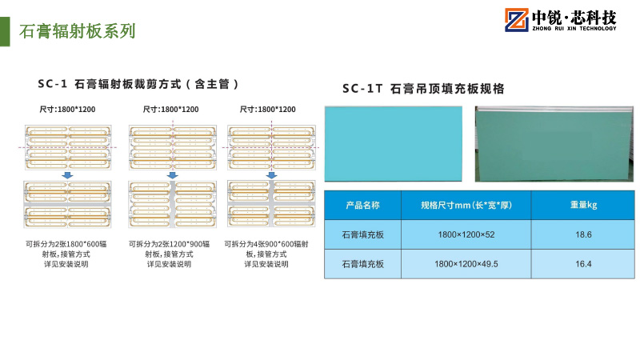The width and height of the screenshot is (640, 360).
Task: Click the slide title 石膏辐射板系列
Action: pyautogui.click(x=77, y=31)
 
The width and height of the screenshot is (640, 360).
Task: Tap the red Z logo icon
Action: pyautogui.click(x=514, y=21)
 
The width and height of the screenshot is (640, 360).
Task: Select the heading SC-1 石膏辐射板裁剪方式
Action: pyautogui.click(x=140, y=83)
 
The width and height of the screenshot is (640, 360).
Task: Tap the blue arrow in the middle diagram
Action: pyautogui.click(x=172, y=175)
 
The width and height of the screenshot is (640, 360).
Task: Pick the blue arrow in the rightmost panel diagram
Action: pyautogui.click(x=271, y=175)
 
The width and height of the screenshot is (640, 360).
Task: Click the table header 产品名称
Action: pyautogui.click(x=362, y=206)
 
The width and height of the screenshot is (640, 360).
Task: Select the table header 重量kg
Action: pyautogui.click(x=583, y=206)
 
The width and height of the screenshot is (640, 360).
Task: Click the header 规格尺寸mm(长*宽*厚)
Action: pyautogui.click(x=466, y=206)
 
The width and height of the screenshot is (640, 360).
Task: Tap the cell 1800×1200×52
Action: pyautogui.click(x=466, y=234)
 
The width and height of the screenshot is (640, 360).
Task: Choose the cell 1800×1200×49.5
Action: pyautogui.click(x=466, y=263)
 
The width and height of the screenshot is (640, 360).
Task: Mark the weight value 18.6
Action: pyautogui.click(x=583, y=234)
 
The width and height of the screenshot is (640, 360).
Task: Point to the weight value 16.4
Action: pyautogui.click(x=583, y=263)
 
